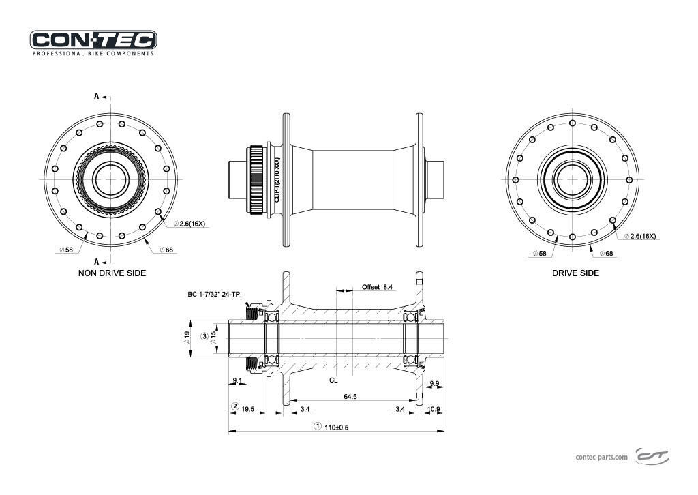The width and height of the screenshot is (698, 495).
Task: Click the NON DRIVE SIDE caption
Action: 112,273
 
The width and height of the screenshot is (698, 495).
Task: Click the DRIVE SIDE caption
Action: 576,273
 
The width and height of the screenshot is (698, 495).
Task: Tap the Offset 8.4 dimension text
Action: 377,288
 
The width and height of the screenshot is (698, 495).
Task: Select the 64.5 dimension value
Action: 351,396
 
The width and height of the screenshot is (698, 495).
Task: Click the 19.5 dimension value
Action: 247,409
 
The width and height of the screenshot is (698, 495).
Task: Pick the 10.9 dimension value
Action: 434,409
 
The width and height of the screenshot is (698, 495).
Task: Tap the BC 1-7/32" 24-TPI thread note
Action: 215,295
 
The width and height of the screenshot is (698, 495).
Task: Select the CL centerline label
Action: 333,379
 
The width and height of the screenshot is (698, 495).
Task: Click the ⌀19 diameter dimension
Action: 187,337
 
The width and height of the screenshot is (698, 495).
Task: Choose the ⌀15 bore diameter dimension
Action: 213,337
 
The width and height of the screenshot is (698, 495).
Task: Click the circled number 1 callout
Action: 317,427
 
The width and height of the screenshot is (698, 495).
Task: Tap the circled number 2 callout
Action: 234,407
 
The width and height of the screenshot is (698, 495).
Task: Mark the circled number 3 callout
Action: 204,337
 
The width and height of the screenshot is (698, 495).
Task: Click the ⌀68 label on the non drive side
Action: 166,250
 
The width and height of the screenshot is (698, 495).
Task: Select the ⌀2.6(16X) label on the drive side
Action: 640,236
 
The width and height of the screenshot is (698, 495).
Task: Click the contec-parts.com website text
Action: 602,457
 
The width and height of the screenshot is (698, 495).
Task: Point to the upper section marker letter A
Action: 96,96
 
